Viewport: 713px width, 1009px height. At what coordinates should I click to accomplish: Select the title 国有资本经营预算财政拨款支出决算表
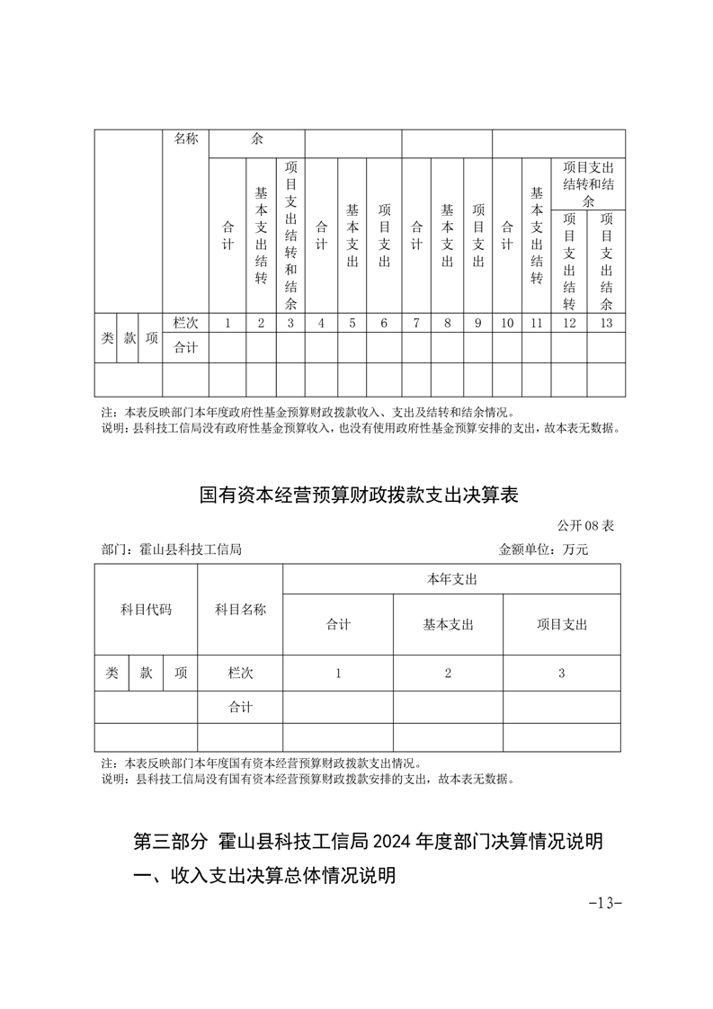coord(359,495)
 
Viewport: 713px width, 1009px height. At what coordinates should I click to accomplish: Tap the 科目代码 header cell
coord(146,609)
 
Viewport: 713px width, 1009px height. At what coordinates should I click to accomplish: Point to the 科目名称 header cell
coord(240,609)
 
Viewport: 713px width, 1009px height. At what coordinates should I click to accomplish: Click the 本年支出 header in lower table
coord(451,579)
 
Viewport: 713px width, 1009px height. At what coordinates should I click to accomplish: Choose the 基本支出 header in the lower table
coord(448,624)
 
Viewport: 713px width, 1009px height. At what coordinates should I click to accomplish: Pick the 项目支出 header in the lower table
coord(561,624)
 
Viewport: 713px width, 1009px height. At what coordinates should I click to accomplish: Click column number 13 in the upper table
coord(606,324)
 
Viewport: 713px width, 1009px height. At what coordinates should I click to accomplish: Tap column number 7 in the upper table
coord(416,324)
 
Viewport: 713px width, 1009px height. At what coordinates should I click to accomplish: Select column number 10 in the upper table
coord(507,324)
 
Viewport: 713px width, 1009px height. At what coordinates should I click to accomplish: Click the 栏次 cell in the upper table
coord(185,324)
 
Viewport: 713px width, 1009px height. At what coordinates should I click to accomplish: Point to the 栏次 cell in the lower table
coord(240,673)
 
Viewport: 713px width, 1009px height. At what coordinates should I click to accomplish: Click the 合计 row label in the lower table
coord(240,707)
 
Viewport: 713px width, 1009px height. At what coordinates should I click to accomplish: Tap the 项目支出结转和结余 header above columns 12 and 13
coord(588,183)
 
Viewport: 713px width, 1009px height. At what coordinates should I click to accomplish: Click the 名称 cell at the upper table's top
coord(185,138)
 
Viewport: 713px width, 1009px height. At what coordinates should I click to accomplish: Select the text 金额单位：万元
coord(543,549)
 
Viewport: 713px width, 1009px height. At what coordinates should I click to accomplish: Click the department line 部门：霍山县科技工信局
coord(172,549)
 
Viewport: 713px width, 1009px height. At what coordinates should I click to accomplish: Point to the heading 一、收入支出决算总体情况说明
coord(263,876)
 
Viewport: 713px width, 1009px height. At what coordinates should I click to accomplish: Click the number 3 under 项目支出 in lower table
coord(561,673)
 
